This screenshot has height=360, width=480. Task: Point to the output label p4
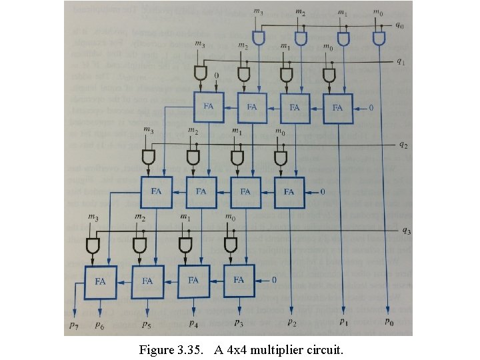coord(193,324)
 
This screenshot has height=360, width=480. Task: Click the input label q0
coord(399,26)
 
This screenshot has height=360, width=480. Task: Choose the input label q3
coord(407,231)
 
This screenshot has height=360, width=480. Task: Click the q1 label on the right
coord(401,62)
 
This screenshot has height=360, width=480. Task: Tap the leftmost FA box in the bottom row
coord(100,281)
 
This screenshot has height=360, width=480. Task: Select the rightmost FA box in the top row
coord(338,107)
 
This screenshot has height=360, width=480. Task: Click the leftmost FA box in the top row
coord(209,107)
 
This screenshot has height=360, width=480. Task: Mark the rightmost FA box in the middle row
coord(289,192)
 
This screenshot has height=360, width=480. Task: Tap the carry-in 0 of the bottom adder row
coord(274,280)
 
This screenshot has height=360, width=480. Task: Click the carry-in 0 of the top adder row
coord(372,107)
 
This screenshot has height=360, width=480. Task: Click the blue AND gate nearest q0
coord(380,39)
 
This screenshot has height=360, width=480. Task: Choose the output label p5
coord(145,325)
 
